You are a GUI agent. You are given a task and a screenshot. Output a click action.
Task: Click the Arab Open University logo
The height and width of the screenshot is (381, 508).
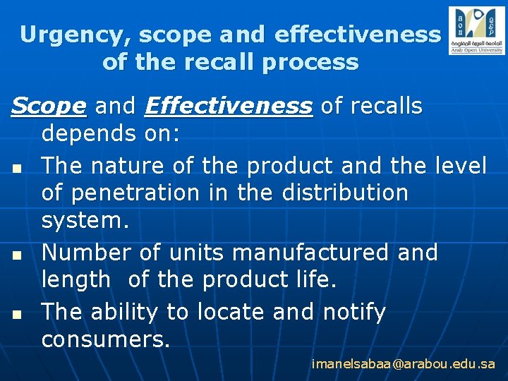coord(476,31)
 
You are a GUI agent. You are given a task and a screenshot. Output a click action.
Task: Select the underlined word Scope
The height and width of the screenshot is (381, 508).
coord(49,107)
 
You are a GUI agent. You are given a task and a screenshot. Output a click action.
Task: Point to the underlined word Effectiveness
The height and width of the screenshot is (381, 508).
coord(228,107)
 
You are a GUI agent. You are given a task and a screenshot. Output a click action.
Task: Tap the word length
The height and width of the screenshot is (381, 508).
coord(76,280)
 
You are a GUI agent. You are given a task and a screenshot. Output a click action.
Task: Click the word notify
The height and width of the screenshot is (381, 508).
coord(354,311)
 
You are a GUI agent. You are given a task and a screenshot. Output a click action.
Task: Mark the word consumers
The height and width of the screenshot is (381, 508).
coord(105,339)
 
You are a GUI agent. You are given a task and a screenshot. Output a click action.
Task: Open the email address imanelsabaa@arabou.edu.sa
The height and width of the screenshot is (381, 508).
coord(404,364)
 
